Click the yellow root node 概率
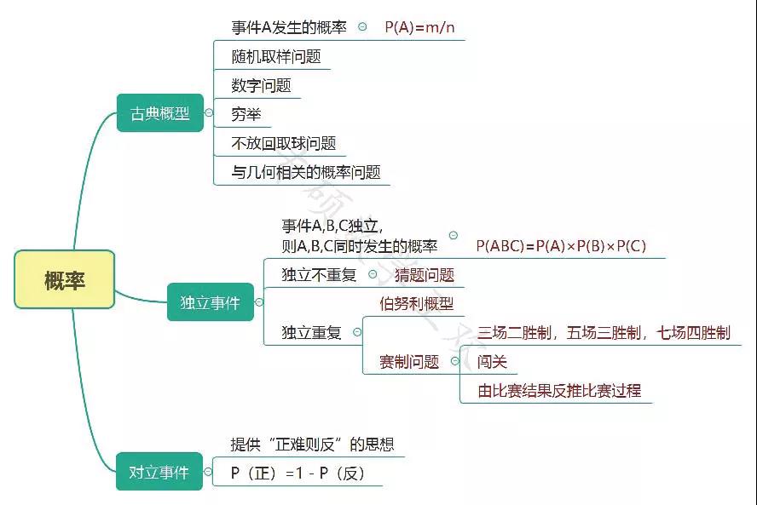pos(65,279)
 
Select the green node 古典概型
pos(160,113)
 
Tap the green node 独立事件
pos(210,302)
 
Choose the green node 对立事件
pos(159,472)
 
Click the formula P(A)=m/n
pos(419,27)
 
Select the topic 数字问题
pos(261,85)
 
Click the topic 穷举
pos(246,114)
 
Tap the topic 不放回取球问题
pos(284,143)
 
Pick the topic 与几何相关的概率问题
pos(306,172)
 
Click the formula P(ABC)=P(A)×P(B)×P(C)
pos(561,246)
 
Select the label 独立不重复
pos(320,275)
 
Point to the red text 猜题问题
pos(425,275)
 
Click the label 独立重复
pos(312,333)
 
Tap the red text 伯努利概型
pos(416,303)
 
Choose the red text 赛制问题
pos(409,362)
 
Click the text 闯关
pos(492,362)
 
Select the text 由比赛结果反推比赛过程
pos(559,391)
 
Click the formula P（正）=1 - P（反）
pos(298,473)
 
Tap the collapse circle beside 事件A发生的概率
pos(362,27)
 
